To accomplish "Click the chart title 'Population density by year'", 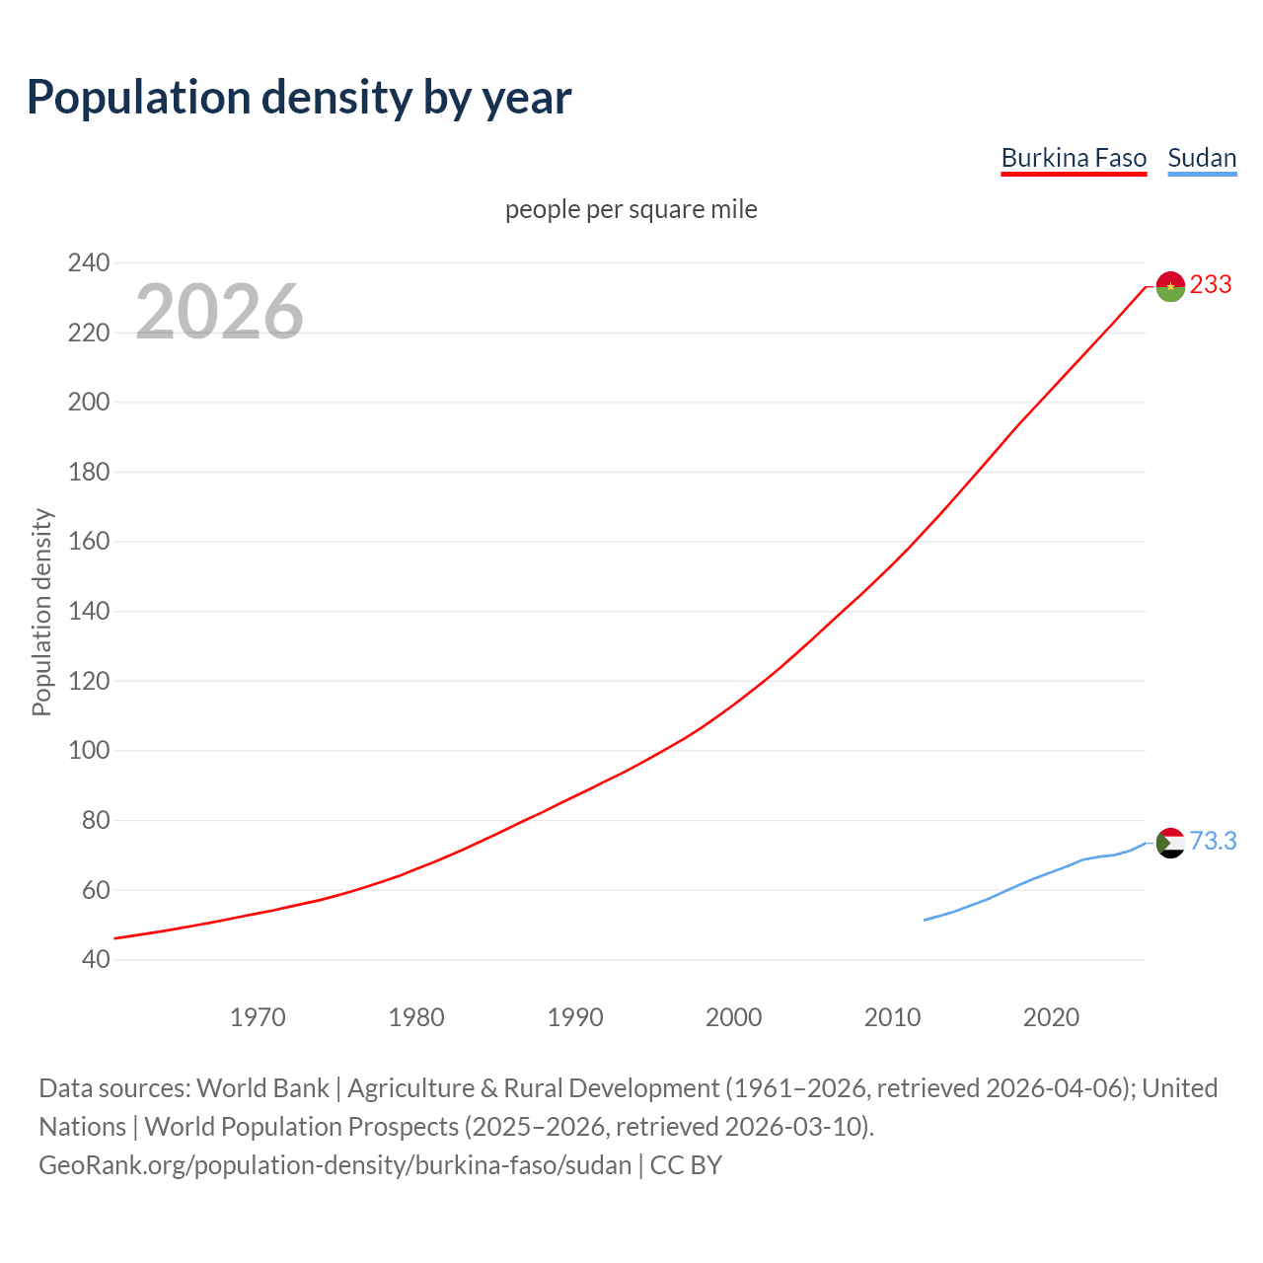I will click(299, 97).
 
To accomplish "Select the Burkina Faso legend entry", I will click(1074, 158).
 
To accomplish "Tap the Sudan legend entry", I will click(1202, 158).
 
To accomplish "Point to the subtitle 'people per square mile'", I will click(631, 209).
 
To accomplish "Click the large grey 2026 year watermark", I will click(219, 312).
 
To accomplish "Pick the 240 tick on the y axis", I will click(89, 262).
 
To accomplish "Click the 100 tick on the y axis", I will click(89, 750).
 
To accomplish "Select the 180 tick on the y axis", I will click(89, 472).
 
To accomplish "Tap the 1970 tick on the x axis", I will click(258, 1017).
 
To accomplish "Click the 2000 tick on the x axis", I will click(733, 1017).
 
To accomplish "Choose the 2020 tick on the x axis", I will click(1051, 1017).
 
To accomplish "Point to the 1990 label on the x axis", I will click(575, 1017).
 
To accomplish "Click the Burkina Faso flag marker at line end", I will click(1170, 286).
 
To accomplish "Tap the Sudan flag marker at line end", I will click(1170, 843).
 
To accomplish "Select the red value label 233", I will click(1211, 285).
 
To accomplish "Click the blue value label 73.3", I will click(1213, 841).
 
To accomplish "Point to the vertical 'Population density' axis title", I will click(41, 612).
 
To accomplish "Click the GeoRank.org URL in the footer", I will click(334, 1165).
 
